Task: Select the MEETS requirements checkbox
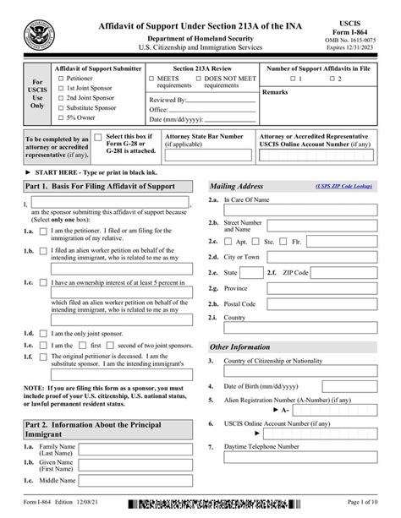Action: point(151,79)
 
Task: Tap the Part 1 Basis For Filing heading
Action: point(101,187)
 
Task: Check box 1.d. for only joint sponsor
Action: point(43,332)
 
